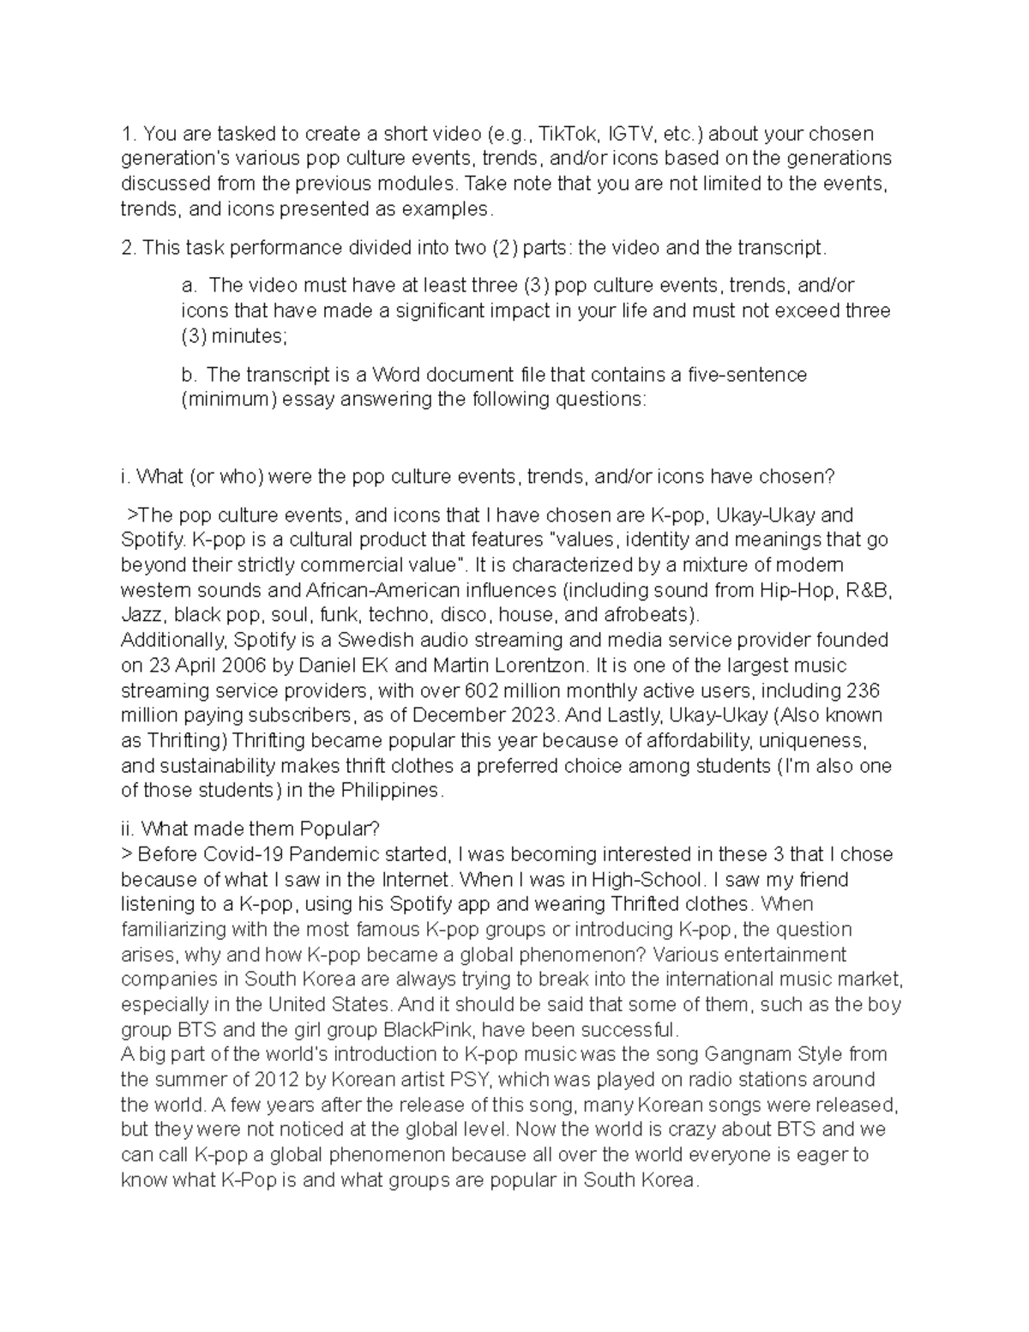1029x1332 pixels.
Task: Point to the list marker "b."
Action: point(189,375)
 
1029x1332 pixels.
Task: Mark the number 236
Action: point(862,691)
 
